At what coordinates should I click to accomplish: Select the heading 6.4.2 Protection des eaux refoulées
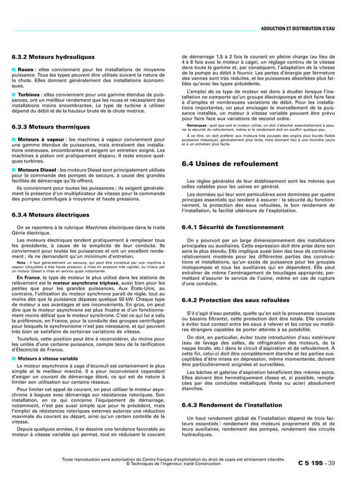pos(235,300)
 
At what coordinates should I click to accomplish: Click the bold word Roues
pos(26,69)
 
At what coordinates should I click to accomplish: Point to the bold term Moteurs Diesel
pos(37,169)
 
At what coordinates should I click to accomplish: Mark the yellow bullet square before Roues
pos(14,69)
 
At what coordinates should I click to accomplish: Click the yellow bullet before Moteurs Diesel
pos(14,169)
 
